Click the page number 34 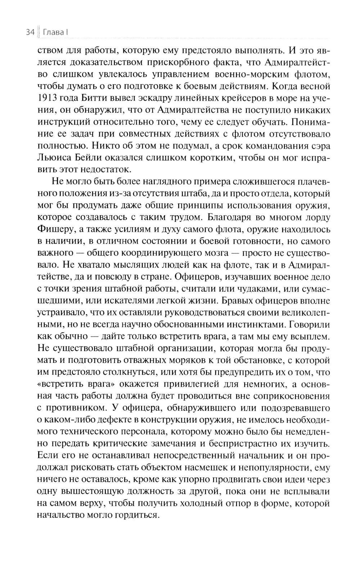30,33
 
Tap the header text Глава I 56,33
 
